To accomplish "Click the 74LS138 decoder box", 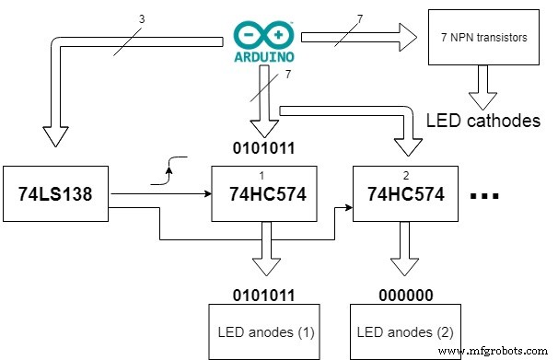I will (56, 194).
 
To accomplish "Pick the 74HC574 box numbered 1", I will (264, 194).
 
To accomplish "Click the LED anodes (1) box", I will (264, 331).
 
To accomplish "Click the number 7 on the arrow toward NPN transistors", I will (360, 19).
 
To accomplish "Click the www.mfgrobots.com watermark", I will (496, 351).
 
